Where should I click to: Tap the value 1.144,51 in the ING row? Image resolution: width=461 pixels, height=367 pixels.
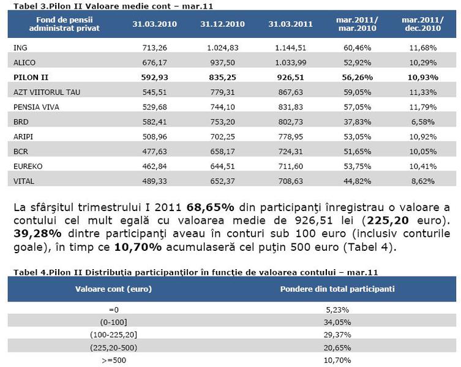pyautogui.click(x=290, y=46)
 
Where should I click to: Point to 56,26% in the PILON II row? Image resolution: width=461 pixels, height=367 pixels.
pyautogui.click(x=358, y=77)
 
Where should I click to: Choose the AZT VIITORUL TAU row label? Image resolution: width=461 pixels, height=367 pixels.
pyautogui.click(x=46, y=92)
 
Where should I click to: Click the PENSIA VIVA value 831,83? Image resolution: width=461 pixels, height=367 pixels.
pyautogui.click(x=290, y=106)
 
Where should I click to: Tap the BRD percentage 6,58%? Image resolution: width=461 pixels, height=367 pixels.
pyautogui.click(x=424, y=121)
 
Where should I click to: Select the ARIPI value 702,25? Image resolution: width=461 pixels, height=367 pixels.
pyautogui.click(x=222, y=136)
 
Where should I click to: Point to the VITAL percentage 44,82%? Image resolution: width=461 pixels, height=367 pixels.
pyautogui.click(x=358, y=180)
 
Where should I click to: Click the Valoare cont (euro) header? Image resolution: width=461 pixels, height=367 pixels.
pyautogui.click(x=113, y=288)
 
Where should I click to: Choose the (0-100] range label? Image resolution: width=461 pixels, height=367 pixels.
pyautogui.click(x=113, y=322)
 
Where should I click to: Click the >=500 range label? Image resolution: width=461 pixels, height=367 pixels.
pyautogui.click(x=113, y=361)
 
